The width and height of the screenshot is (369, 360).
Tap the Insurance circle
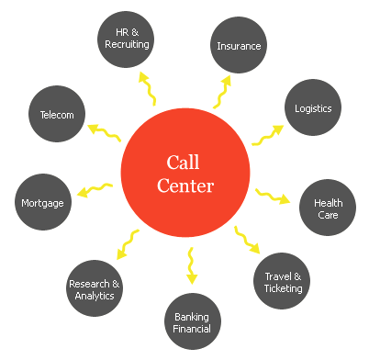[239, 45]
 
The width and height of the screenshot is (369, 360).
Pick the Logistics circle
[313, 107]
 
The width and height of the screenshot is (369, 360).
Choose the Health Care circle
[328, 208]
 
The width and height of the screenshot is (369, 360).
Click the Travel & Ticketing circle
[282, 282]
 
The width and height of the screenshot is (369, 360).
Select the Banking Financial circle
[192, 322]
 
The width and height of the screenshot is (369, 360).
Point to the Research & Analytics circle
[95, 289]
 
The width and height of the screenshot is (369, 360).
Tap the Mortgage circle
[42, 202]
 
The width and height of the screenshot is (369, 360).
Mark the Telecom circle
[57, 115]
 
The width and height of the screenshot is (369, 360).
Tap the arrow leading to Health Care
[272, 197]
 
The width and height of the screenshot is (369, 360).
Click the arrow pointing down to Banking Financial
[191, 264]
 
